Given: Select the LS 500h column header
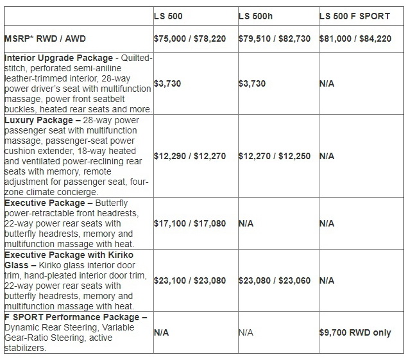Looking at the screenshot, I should tap(255, 16).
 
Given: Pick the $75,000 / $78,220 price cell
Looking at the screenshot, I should tap(190, 39).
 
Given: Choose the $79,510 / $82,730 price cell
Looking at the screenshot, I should tap(274, 39).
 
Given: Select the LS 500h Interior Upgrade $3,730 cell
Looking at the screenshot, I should tap(251, 84).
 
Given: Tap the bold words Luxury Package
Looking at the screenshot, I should tap(38, 120).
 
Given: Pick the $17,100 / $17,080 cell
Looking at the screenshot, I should tap(190, 223).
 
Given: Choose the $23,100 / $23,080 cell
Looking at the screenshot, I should tap(190, 280).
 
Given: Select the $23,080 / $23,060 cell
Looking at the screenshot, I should tap(274, 280).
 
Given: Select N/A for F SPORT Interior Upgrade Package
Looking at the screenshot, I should tap(327, 84).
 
